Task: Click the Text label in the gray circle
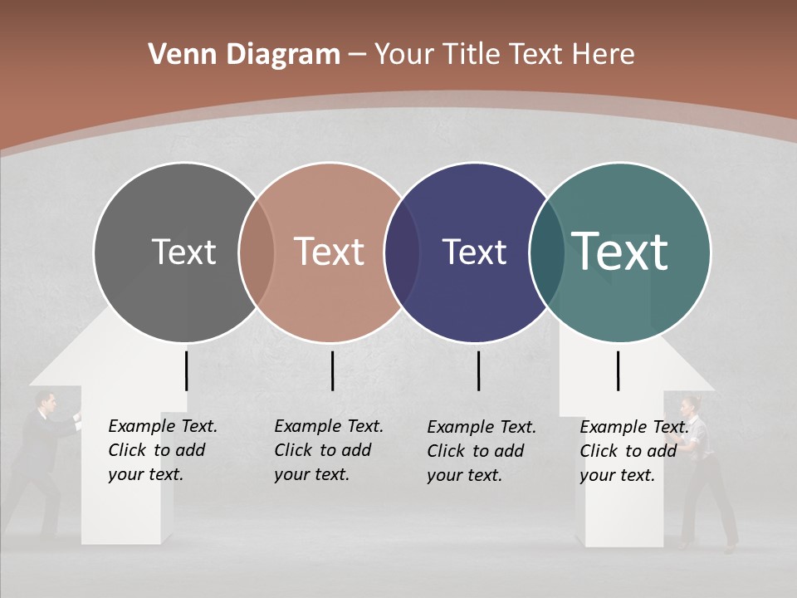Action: [x=183, y=252]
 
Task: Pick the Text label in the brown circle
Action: [x=329, y=252]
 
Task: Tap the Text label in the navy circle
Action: [x=474, y=252]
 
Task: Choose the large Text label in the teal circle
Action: [x=620, y=252]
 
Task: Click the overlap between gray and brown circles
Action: [x=257, y=252]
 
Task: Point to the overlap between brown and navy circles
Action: [x=402, y=252]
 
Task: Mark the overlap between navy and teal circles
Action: [x=546, y=252]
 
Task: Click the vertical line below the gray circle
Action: [x=186, y=370]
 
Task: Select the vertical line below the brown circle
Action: [x=332, y=370]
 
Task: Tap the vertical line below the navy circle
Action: [x=478, y=370]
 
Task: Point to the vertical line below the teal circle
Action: [x=618, y=370]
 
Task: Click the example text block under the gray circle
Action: [x=162, y=450]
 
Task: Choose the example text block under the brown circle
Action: [x=328, y=450]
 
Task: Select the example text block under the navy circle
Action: [x=481, y=451]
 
